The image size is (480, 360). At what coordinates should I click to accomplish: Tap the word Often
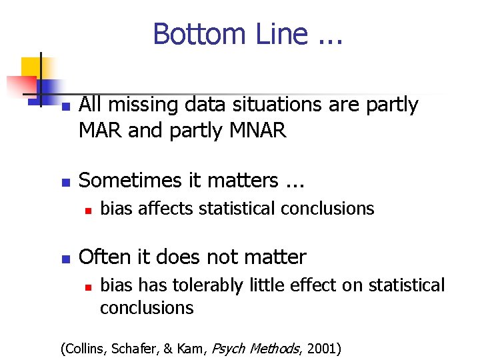101,257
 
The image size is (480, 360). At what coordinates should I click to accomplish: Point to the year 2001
324,347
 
